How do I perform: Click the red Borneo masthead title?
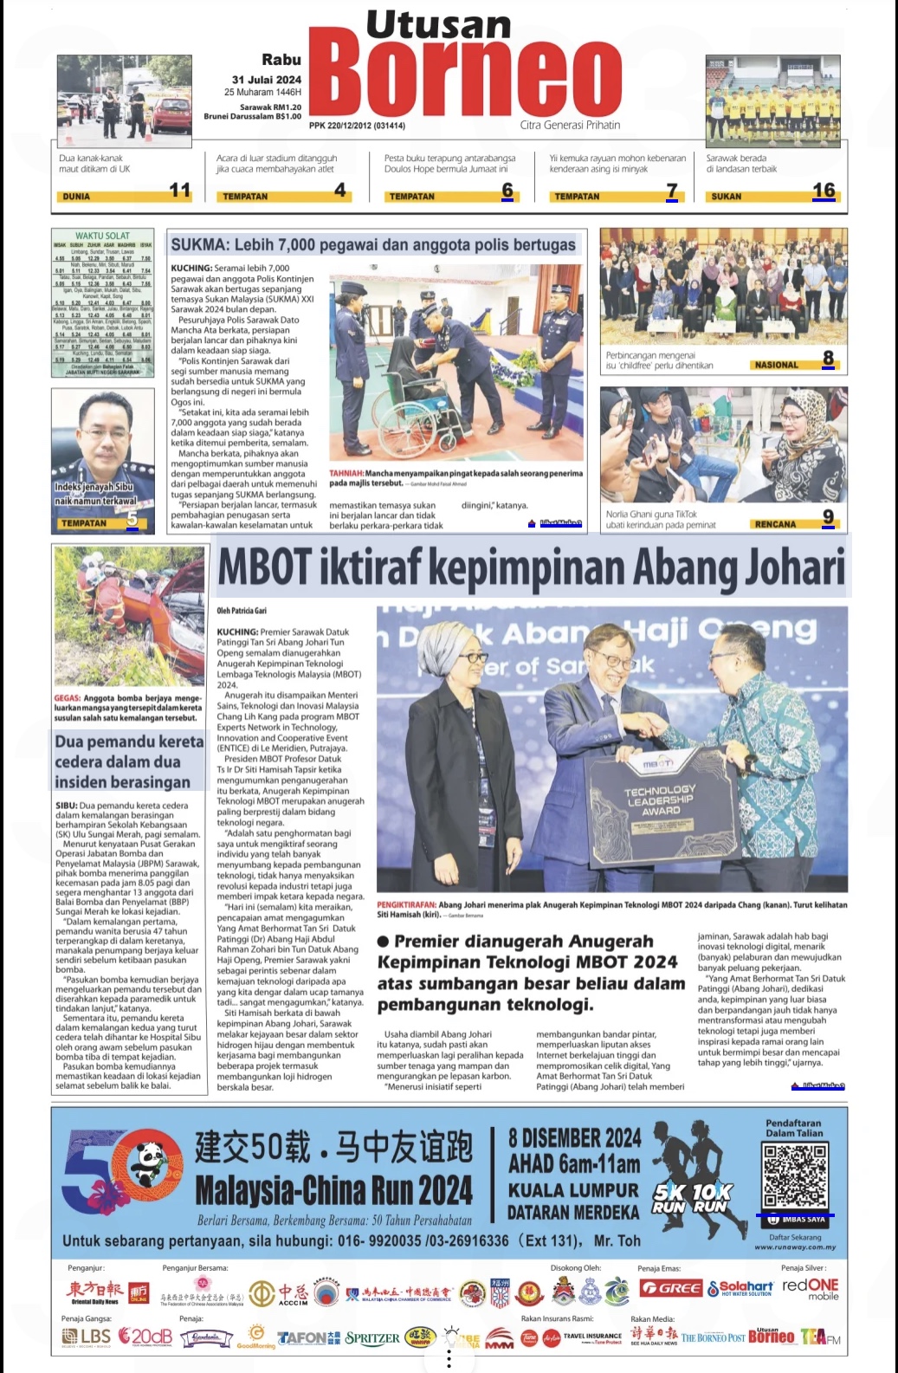465,80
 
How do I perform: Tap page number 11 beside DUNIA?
180,191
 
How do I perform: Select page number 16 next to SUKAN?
824,191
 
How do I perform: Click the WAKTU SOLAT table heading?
102,236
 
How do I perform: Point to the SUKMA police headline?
373,245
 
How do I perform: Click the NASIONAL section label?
776,365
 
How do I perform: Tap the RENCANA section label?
775,524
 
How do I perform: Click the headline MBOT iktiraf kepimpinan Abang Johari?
531,567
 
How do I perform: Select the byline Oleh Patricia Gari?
242,611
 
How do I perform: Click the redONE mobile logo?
810,1288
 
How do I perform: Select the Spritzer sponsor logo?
372,1337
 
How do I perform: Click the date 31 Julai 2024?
267,79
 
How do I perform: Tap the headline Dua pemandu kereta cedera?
129,761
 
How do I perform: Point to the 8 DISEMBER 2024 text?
575,1137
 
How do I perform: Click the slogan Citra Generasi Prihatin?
570,125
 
